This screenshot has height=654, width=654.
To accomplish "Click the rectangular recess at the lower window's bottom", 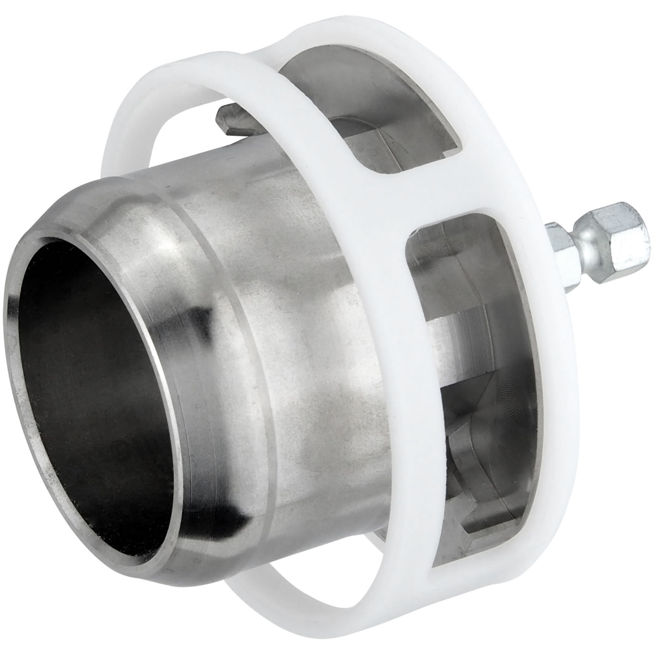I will (485, 507).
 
